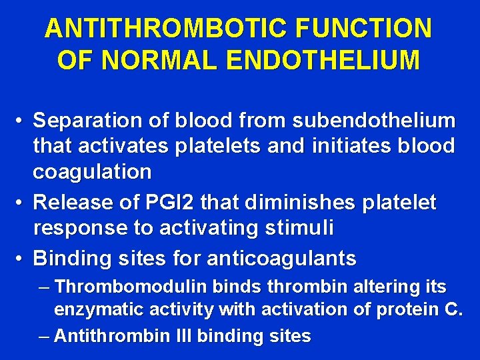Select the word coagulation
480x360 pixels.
point(93,171)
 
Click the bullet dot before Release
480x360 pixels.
point(21,201)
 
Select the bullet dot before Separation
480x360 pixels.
point(21,121)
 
